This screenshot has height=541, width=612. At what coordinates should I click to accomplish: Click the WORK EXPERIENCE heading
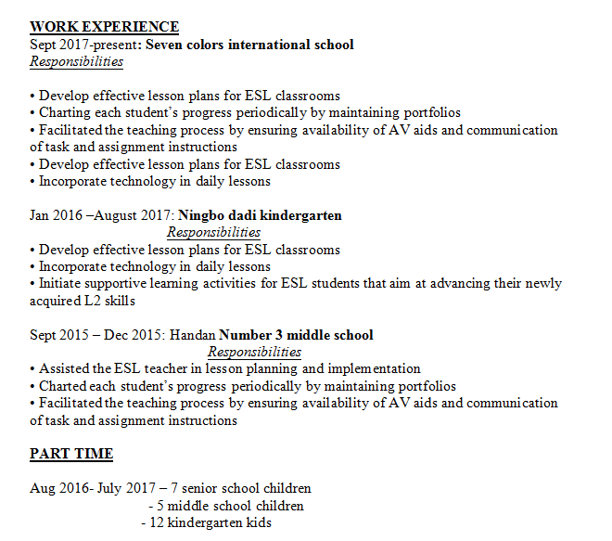[x=104, y=27]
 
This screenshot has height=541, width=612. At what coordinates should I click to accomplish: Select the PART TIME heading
[x=71, y=454]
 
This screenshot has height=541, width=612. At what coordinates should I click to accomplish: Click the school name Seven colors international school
[x=249, y=45]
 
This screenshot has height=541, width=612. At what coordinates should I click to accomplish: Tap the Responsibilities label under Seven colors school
[x=76, y=61]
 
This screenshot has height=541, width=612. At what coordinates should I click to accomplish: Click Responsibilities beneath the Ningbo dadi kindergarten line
[x=213, y=232]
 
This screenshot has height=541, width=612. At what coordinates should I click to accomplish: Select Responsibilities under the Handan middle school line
[x=254, y=352]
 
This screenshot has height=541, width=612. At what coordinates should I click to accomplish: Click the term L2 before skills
[x=96, y=301]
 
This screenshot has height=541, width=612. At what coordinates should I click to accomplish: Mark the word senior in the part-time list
[x=202, y=488]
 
